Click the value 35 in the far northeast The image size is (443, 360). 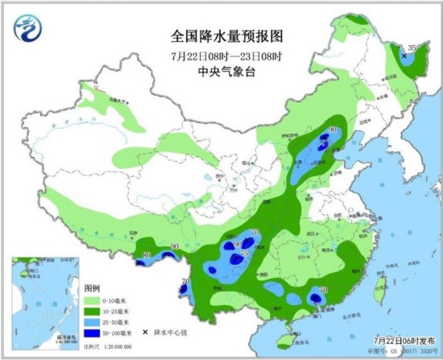coord(412,48)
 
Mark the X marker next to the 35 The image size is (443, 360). coord(404,55)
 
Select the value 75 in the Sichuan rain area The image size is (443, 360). coord(245,253)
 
